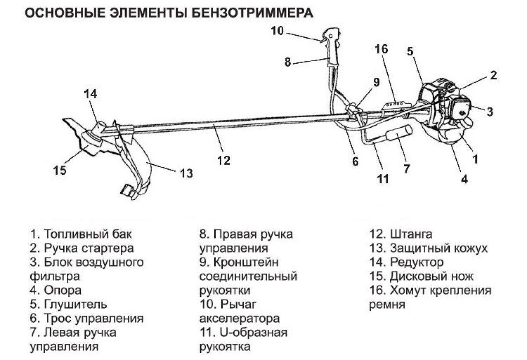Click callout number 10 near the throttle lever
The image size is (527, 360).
[x=278, y=30]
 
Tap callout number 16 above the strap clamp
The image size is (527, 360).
[x=381, y=49]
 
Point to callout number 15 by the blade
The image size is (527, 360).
[x=60, y=170]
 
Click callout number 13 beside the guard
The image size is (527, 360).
[x=186, y=173]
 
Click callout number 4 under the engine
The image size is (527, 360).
[x=464, y=178]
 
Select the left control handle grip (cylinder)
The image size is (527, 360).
[x=399, y=133]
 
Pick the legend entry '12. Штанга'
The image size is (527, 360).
[x=401, y=234]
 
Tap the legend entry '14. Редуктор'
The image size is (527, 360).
[x=406, y=262]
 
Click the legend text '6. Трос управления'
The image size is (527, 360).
[x=87, y=318]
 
